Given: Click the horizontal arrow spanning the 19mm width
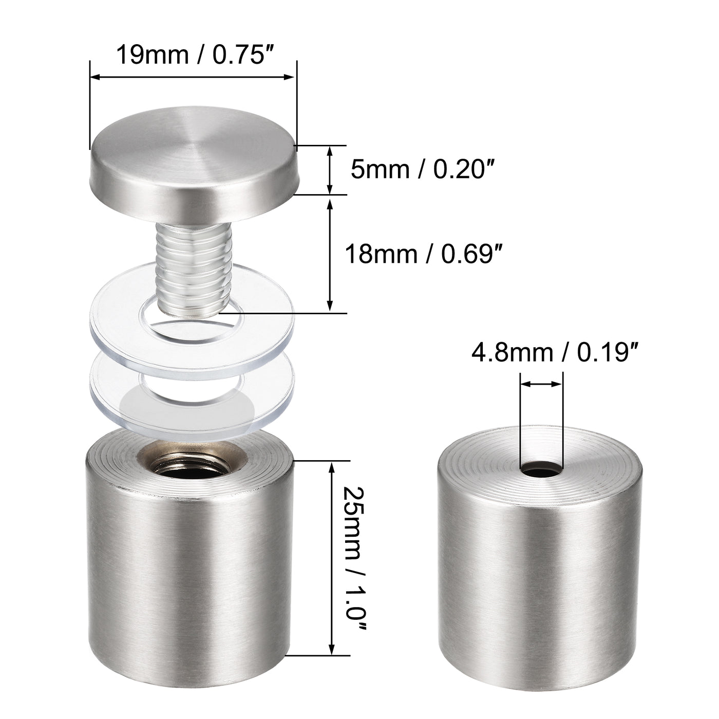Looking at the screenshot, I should [x=193, y=77].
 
